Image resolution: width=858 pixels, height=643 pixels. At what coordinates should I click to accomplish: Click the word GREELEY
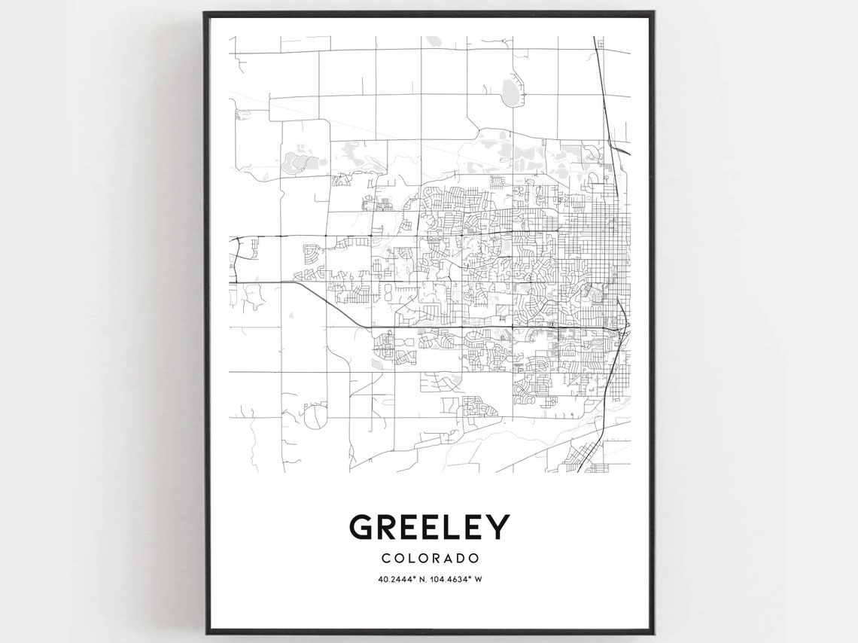pyautogui.click(x=429, y=527)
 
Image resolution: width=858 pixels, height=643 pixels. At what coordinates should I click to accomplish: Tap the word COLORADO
pyautogui.click(x=430, y=559)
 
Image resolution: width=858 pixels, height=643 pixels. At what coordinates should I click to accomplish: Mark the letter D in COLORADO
pyautogui.click(x=459, y=559)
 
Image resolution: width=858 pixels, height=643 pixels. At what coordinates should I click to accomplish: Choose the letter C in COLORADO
pyautogui.click(x=385, y=559)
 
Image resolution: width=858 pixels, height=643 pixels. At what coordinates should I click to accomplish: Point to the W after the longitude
pyautogui.click(x=479, y=579)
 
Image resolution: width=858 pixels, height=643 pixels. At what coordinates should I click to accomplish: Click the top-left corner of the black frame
pyautogui.click(x=205, y=13)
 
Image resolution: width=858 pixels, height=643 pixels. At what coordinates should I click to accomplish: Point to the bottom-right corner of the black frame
pyautogui.click(x=653, y=632)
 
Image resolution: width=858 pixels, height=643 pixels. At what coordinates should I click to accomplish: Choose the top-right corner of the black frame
pyautogui.click(x=653, y=13)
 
